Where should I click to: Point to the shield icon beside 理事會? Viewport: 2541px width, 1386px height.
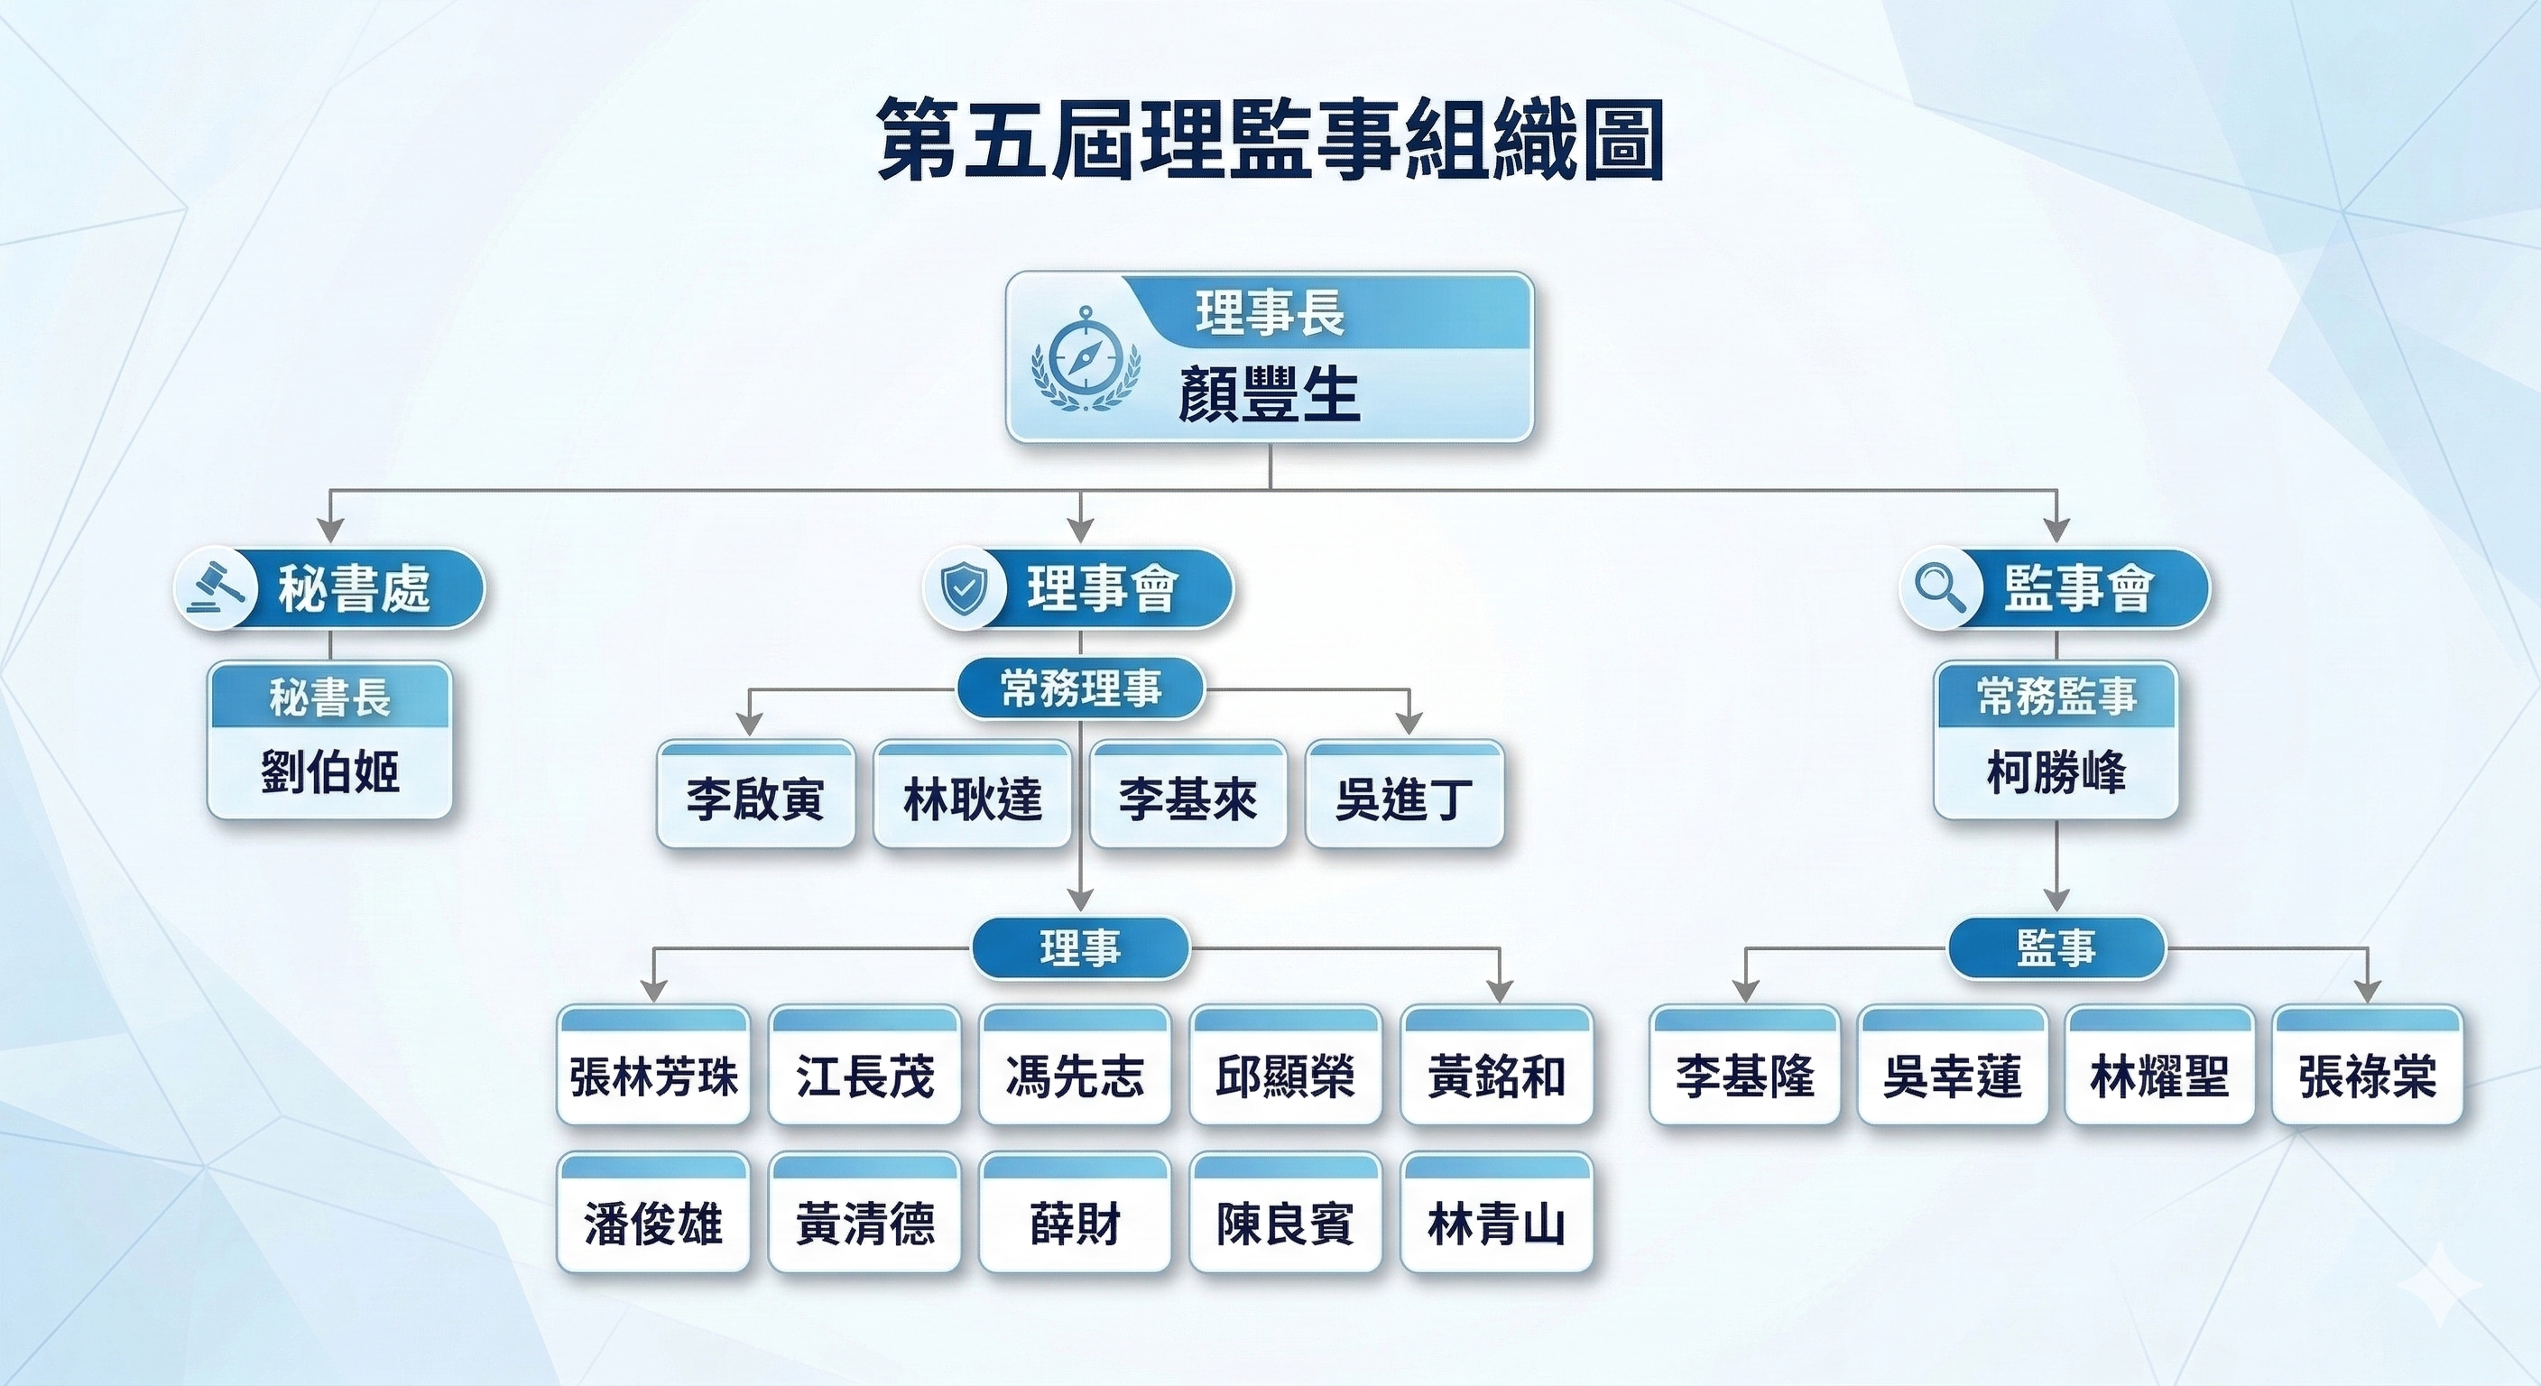click(963, 589)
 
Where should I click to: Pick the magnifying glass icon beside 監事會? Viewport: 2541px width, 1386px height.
click(1939, 589)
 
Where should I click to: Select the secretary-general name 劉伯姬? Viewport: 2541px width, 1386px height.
click(329, 772)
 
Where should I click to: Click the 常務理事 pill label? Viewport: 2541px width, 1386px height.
click(1081, 688)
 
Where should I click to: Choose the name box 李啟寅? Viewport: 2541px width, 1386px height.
click(755, 797)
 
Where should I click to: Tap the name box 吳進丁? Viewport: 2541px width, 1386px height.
click(1405, 797)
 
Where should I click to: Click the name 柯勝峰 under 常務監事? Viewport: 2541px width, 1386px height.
click(2056, 772)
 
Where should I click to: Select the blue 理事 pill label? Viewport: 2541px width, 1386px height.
click(1081, 948)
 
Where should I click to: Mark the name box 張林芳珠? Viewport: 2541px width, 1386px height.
click(653, 1075)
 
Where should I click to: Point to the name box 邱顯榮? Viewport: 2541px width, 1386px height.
click(1284, 1075)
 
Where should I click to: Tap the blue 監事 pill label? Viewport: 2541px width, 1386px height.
click(2056, 948)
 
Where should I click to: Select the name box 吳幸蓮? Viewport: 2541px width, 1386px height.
click(1952, 1075)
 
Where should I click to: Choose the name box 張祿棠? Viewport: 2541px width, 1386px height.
click(2368, 1075)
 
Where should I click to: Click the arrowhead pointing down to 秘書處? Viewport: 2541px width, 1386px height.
click(329, 530)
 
